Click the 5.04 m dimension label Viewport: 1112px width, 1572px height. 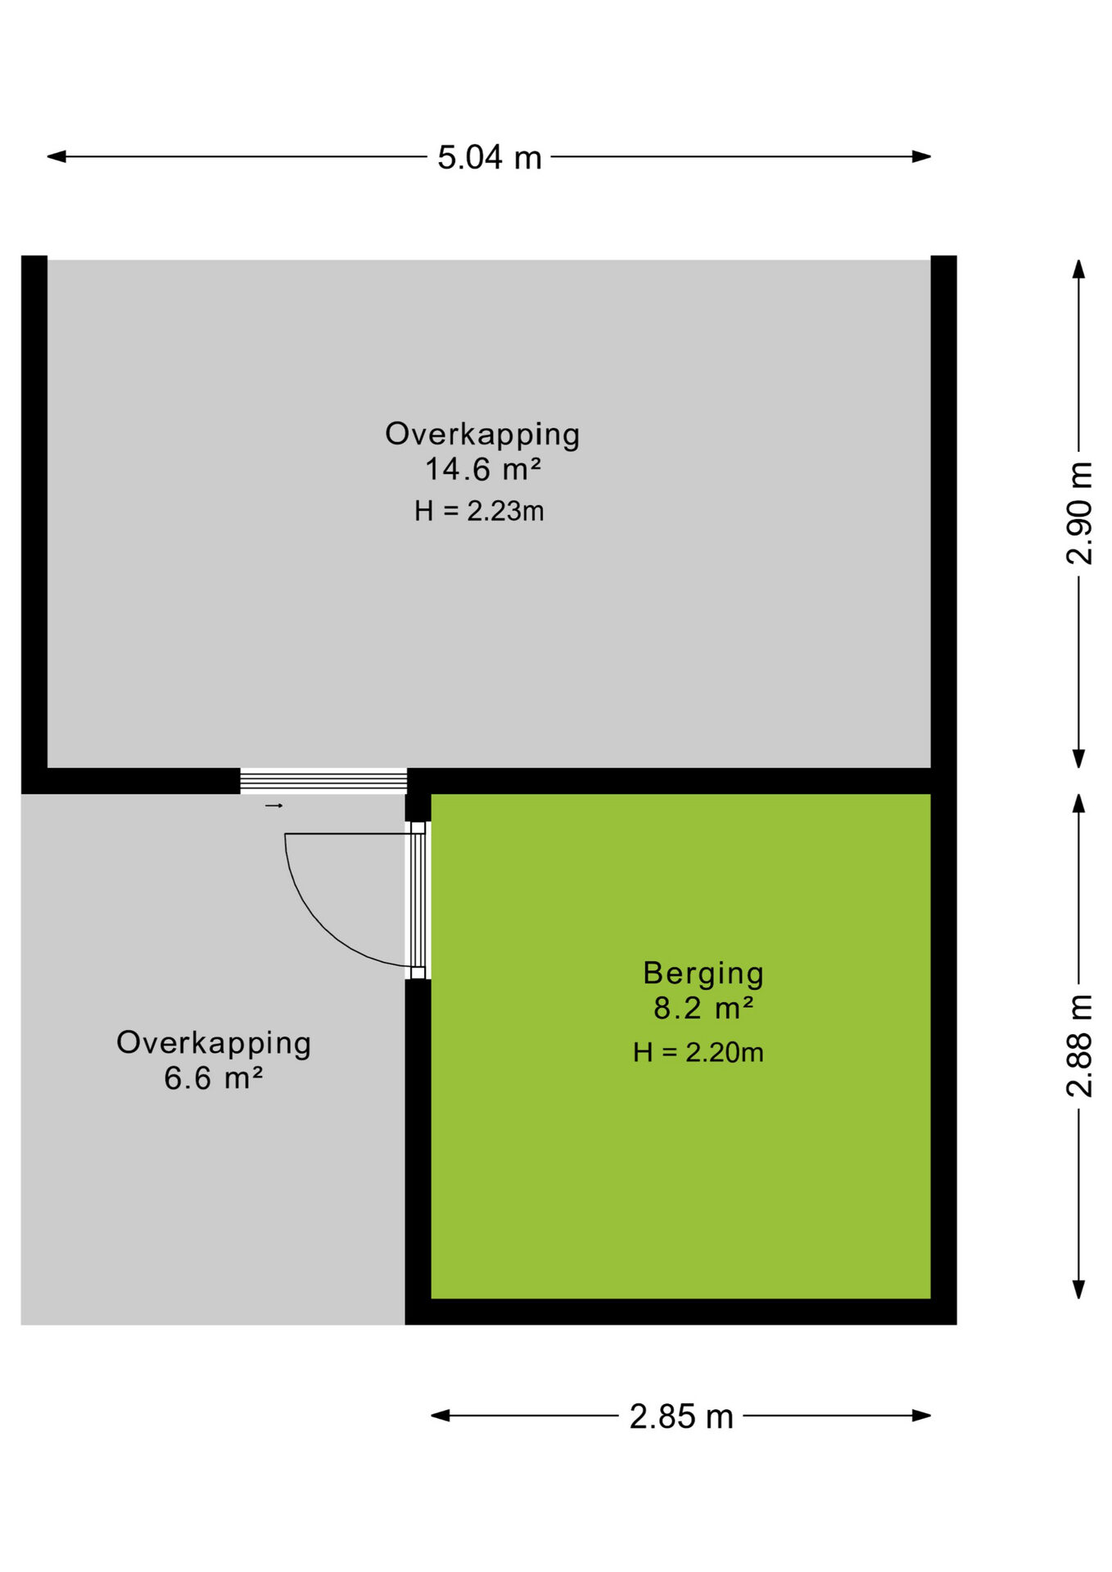490,157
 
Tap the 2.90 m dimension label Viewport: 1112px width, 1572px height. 1080,513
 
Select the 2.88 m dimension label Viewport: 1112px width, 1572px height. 1080,1046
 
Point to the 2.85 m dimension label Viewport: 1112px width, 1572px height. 681,1416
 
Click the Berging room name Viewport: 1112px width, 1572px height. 703,973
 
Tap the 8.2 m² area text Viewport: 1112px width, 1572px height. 703,1008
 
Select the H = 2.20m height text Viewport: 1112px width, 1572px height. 698,1052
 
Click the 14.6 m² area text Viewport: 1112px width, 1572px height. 483,469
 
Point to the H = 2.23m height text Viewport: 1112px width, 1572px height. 479,511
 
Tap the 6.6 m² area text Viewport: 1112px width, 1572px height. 214,1078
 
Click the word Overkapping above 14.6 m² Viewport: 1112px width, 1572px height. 482,434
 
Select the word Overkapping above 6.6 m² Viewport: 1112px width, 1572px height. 214,1043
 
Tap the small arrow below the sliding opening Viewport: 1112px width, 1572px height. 274,806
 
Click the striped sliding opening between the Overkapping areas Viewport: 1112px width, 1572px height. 323,781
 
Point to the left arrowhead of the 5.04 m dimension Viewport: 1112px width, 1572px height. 57,156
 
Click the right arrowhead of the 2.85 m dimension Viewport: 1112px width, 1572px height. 922,1416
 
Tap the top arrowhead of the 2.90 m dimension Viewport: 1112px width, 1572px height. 1079,270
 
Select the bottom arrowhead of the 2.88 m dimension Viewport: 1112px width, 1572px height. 1079,1290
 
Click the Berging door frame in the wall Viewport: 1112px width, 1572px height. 418,901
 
